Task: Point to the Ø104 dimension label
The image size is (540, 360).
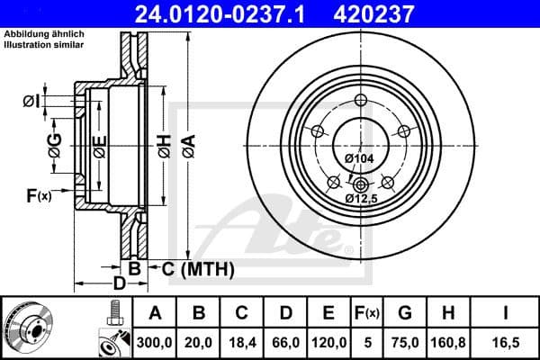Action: [359, 159]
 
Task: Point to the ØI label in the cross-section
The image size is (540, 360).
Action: [31, 102]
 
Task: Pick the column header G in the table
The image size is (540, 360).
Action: [404, 313]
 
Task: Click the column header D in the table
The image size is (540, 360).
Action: [284, 313]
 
